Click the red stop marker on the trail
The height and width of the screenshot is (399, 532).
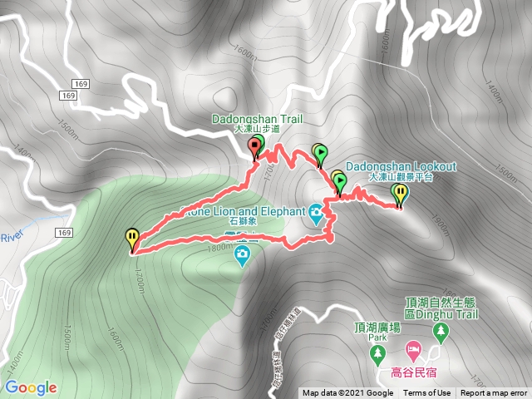[x=254, y=148]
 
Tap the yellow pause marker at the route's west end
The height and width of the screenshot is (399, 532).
[x=132, y=238]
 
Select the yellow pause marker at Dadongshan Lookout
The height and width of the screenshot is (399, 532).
[x=401, y=194]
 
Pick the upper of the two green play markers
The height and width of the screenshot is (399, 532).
[x=321, y=152]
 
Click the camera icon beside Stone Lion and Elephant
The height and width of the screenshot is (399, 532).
[x=316, y=218]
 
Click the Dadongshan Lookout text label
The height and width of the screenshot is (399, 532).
[x=401, y=166]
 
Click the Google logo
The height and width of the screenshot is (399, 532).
[x=31, y=387]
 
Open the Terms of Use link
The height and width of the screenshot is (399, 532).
[x=428, y=393]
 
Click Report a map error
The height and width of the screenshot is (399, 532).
[x=494, y=393]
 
